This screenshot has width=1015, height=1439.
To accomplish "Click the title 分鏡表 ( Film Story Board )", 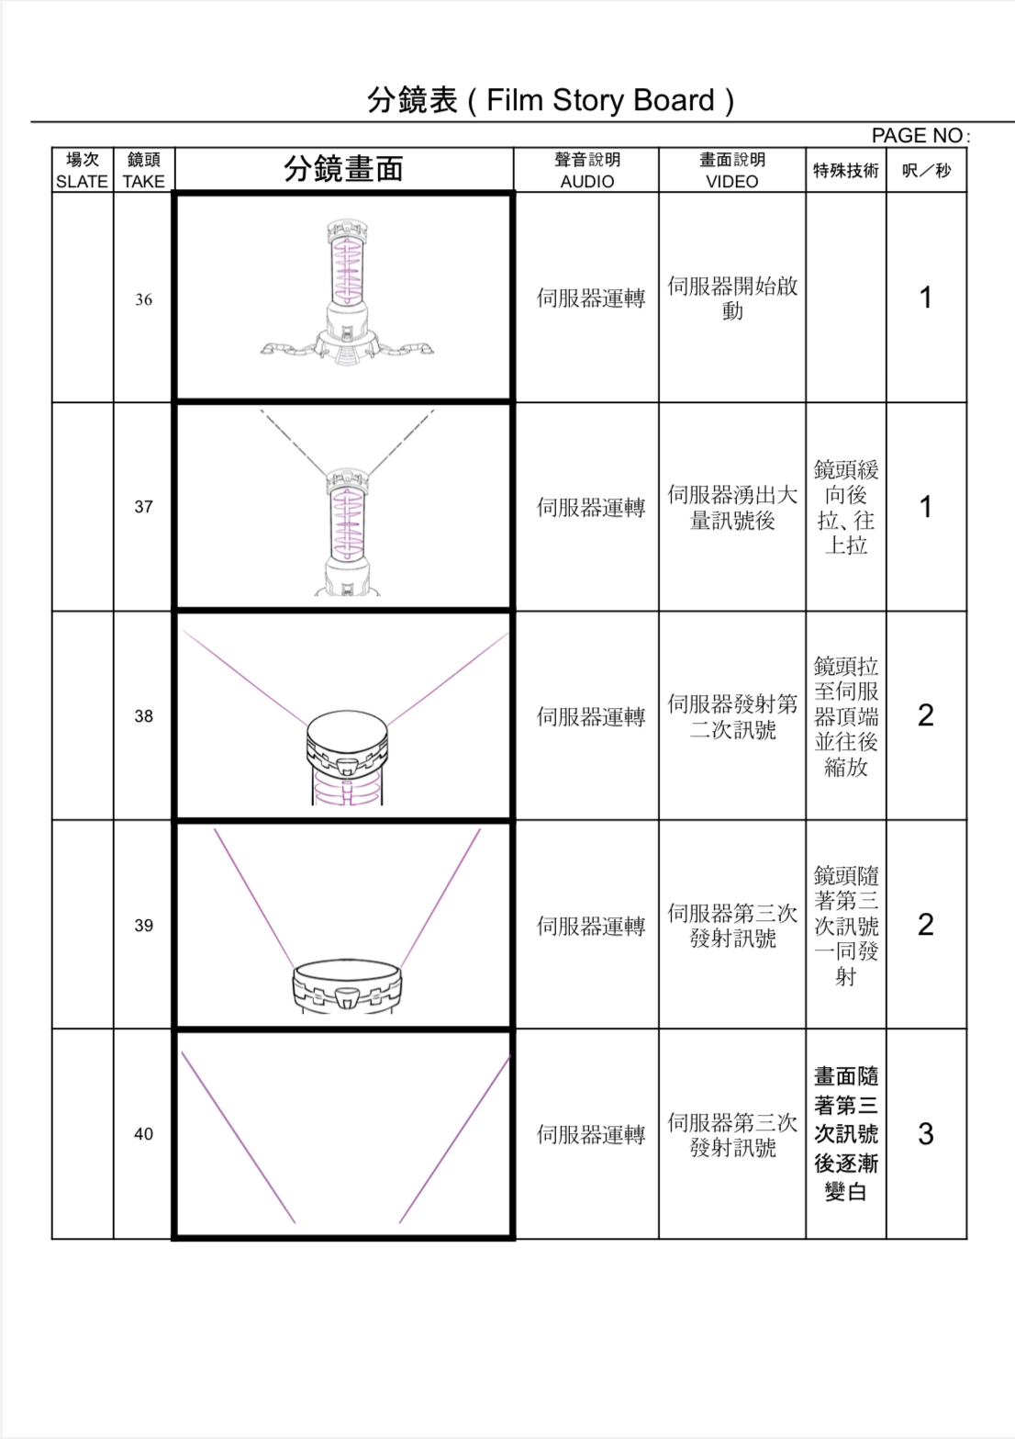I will [550, 100].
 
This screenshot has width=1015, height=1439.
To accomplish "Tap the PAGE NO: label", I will [919, 136].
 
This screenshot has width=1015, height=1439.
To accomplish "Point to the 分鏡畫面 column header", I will [343, 170].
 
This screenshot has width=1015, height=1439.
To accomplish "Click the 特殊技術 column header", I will [845, 171].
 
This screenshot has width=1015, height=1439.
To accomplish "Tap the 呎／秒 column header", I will [926, 171].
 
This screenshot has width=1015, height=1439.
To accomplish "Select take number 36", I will [143, 299].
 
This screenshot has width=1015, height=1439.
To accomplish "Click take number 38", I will [143, 716].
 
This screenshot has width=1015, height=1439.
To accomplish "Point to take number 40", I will [143, 1134].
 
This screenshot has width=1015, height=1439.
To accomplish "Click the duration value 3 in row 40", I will [926, 1134].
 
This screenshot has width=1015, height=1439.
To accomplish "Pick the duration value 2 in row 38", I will [926, 715].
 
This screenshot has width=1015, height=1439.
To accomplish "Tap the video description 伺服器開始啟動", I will [731, 298].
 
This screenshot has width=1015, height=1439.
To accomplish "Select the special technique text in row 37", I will [845, 507].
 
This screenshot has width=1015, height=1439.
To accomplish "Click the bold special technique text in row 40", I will [845, 1134].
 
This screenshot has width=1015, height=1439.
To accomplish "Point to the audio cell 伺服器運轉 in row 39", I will [591, 926].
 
